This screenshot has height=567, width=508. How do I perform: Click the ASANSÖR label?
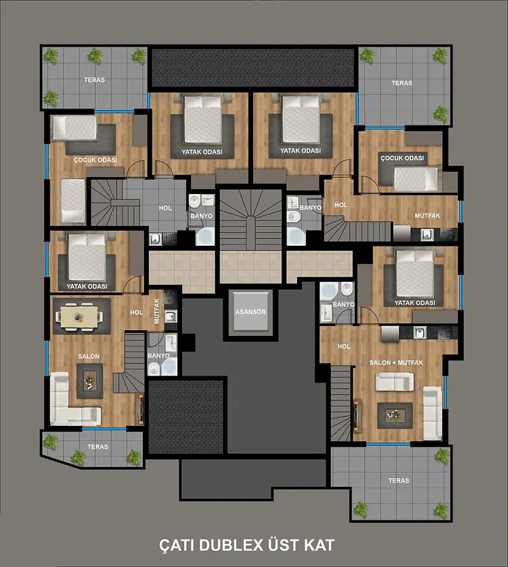[x=251, y=312]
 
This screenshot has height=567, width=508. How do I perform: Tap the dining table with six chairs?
[x=79, y=317]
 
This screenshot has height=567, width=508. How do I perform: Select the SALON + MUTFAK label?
[x=396, y=363]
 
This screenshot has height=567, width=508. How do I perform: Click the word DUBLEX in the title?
[x=231, y=545]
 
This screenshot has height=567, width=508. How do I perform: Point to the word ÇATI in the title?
[x=177, y=545]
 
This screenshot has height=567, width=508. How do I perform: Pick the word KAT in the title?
[x=320, y=545]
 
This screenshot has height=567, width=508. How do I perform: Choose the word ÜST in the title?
[x=283, y=544]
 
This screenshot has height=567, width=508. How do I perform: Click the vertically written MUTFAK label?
[x=157, y=310]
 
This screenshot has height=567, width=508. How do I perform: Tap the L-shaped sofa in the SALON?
[x=75, y=399]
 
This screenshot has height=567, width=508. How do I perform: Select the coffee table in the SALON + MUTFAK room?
[x=395, y=415]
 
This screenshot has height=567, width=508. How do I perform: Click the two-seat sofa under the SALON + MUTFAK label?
[x=395, y=382]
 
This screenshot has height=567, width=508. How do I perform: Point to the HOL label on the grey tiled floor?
[x=165, y=208]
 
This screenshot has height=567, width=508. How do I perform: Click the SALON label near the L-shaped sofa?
[x=89, y=357]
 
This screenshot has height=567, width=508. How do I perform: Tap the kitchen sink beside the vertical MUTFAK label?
[x=171, y=316]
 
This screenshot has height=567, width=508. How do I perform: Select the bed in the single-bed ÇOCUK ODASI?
[x=417, y=179]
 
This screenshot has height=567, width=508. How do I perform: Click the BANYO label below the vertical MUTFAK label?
[x=159, y=356]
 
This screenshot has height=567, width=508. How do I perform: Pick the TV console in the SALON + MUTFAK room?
[x=357, y=415]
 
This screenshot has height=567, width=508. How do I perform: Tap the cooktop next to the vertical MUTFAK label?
[x=170, y=298]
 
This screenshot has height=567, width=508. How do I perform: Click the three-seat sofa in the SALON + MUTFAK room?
[x=432, y=413]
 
